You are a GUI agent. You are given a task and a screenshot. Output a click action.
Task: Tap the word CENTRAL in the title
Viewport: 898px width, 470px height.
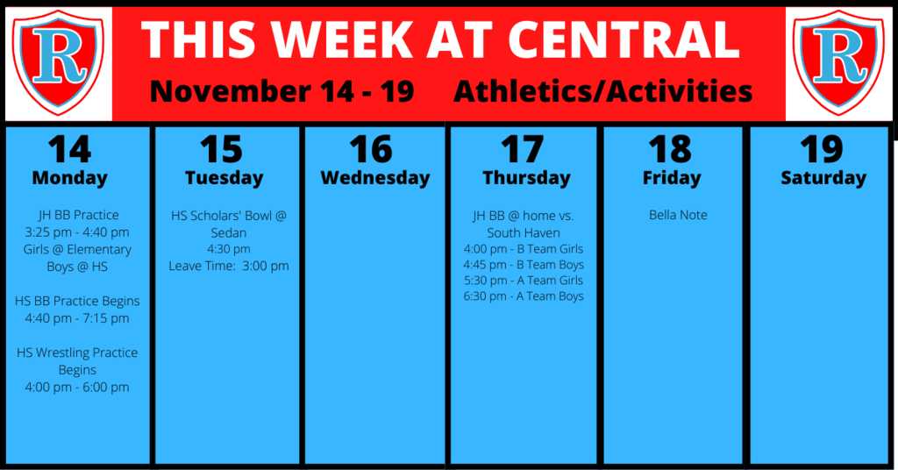click(624, 39)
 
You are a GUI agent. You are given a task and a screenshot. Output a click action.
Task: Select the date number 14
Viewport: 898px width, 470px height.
click(69, 150)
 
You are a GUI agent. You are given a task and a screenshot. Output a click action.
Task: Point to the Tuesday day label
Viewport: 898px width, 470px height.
click(224, 178)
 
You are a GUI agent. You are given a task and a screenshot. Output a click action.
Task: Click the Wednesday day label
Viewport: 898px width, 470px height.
click(375, 178)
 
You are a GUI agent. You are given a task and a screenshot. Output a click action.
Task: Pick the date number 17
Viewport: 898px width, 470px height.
click(522, 150)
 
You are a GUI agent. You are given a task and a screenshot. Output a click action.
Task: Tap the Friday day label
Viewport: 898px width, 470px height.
click(672, 178)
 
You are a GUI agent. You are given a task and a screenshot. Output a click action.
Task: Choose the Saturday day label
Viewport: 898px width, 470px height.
click(823, 178)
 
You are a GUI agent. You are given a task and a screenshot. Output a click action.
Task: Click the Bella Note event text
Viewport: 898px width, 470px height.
click(678, 215)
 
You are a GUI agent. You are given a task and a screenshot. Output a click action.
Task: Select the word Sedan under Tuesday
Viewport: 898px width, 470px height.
click(229, 233)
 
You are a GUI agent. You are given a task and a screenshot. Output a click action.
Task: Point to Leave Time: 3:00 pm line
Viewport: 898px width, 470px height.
click(229, 267)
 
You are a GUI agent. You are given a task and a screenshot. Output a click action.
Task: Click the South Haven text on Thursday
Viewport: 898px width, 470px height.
click(524, 233)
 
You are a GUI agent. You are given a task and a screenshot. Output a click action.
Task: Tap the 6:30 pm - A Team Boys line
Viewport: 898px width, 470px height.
click(524, 296)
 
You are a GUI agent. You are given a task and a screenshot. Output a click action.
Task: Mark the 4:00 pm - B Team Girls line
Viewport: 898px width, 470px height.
click(524, 249)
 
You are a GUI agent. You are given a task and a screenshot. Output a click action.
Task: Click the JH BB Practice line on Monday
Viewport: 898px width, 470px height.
click(78, 215)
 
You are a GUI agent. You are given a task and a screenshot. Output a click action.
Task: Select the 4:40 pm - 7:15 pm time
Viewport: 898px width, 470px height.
click(77, 318)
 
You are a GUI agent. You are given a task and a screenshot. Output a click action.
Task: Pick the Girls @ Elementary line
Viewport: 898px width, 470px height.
click(77, 250)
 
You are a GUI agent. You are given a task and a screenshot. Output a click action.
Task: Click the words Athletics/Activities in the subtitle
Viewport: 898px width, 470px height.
click(603, 91)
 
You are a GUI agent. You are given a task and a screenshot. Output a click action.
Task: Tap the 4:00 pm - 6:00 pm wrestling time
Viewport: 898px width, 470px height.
click(77, 388)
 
